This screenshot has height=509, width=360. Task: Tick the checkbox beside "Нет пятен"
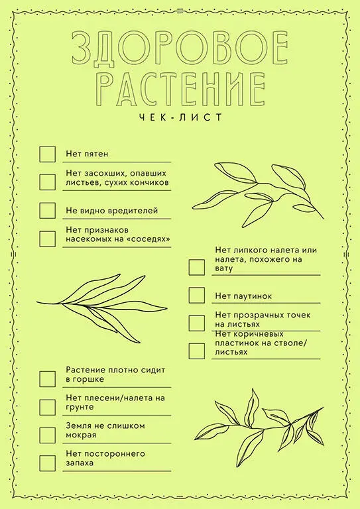tap(47, 154)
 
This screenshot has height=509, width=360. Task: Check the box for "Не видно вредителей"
tap(47, 210)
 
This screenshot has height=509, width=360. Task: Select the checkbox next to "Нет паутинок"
tap(197, 295)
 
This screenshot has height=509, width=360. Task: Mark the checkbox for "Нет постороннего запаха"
tap(47, 463)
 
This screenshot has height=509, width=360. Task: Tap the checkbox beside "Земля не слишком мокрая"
tap(47, 435)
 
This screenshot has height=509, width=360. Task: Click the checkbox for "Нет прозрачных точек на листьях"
tap(197, 323)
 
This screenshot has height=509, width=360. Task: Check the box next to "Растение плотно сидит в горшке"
tap(47, 379)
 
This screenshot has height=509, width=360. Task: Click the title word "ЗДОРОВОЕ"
tap(180, 48)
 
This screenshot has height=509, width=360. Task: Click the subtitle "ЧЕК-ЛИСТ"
tap(180, 117)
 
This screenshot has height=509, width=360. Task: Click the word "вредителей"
tap(131, 211)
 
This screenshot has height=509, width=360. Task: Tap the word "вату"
tap(224, 269)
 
